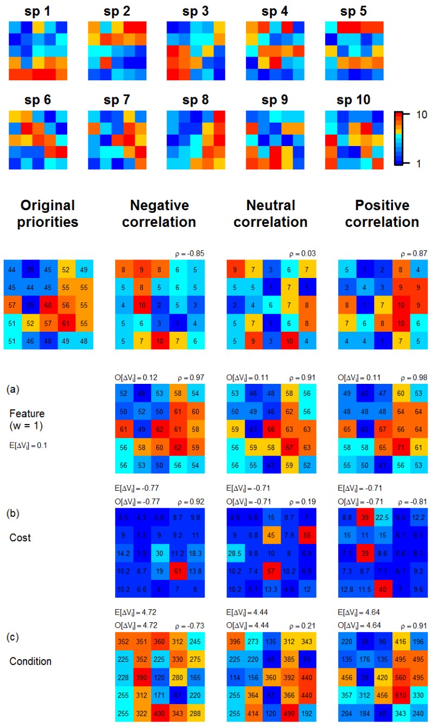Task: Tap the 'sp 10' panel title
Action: (x=352, y=100)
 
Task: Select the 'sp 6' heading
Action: (x=37, y=100)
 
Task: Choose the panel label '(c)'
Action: (x=13, y=636)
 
